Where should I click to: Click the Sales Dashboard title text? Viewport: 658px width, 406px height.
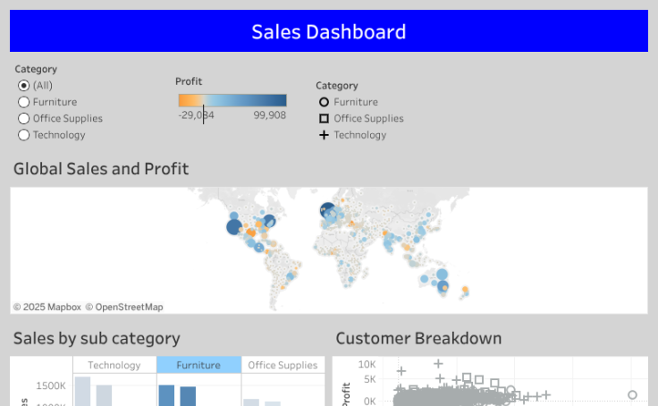pyautogui.click(x=328, y=32)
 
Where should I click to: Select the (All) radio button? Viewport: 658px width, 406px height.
pyautogui.click(x=24, y=86)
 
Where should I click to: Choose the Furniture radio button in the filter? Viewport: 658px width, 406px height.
pyautogui.click(x=24, y=102)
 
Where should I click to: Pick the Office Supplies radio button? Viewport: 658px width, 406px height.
pyautogui.click(x=24, y=118)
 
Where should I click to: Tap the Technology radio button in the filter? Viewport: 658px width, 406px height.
pyautogui.click(x=24, y=135)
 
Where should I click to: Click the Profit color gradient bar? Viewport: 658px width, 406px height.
pyautogui.click(x=232, y=100)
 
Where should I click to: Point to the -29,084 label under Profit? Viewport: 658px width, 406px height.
pyautogui.click(x=196, y=115)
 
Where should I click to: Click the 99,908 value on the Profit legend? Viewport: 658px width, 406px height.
pyautogui.click(x=269, y=115)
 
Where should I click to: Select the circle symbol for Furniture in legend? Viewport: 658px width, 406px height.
pyautogui.click(x=324, y=102)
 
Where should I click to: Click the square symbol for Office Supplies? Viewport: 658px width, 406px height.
pyautogui.click(x=324, y=118)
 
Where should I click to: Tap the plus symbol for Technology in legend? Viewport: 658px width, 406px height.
pyautogui.click(x=324, y=135)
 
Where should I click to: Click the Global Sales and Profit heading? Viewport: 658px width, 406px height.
pyautogui.click(x=101, y=169)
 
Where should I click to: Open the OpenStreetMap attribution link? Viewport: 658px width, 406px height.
pyautogui.click(x=124, y=307)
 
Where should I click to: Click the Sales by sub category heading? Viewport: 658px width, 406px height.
pyautogui.click(x=97, y=338)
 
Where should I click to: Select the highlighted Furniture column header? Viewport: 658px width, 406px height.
pyautogui.click(x=198, y=365)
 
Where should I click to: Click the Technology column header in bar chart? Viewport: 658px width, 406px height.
pyautogui.click(x=114, y=365)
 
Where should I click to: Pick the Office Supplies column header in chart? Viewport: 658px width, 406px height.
pyautogui.click(x=283, y=365)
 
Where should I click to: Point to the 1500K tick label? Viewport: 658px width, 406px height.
pyautogui.click(x=51, y=385)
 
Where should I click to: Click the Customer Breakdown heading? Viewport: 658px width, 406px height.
pyautogui.click(x=418, y=338)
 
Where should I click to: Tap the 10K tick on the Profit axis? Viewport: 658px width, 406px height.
pyautogui.click(x=367, y=365)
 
